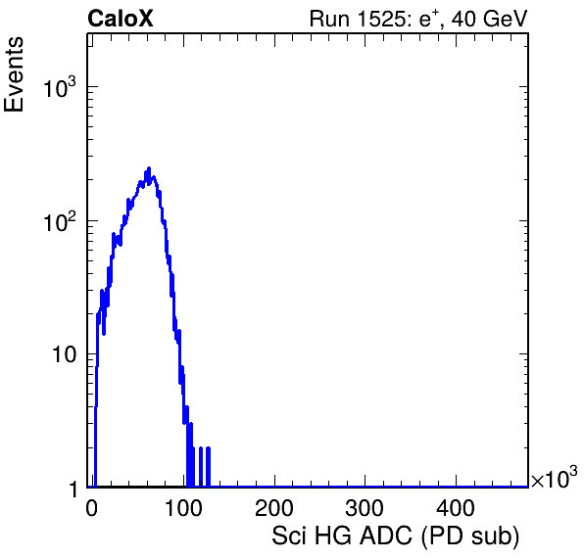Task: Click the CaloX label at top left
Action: (x=121, y=19)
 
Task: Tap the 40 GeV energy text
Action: (x=490, y=19)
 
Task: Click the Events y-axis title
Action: (x=14, y=74)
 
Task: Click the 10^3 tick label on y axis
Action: (x=60, y=87)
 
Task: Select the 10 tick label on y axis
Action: (x=65, y=354)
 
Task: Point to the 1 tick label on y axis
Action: (x=73, y=489)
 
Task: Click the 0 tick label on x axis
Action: (x=92, y=507)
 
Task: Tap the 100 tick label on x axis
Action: (x=183, y=507)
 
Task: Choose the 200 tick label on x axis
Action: (x=274, y=507)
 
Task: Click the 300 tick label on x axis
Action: (x=365, y=507)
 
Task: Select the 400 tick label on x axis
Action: (x=457, y=507)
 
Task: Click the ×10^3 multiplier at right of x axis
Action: (x=555, y=477)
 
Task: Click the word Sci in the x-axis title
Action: (x=289, y=536)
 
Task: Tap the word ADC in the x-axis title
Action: (x=386, y=536)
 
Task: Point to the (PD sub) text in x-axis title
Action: (x=470, y=537)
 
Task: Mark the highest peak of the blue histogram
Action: (x=149, y=168)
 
